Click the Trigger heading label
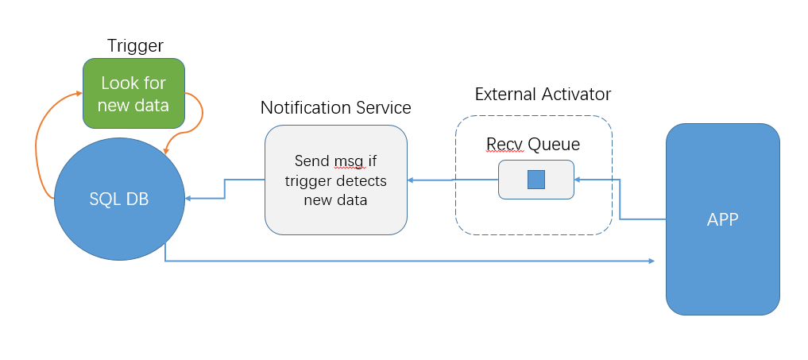click(x=135, y=46)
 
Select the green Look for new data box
click(x=133, y=93)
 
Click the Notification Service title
click(x=335, y=107)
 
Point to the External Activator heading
click(x=543, y=94)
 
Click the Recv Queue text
click(x=533, y=144)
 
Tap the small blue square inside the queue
click(x=536, y=180)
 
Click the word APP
click(x=722, y=220)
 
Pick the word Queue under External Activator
click(x=554, y=144)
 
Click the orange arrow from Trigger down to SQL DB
click(x=191, y=119)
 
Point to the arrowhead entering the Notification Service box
click(x=411, y=180)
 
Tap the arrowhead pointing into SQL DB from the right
click(x=188, y=199)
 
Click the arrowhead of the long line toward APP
click(x=651, y=261)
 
